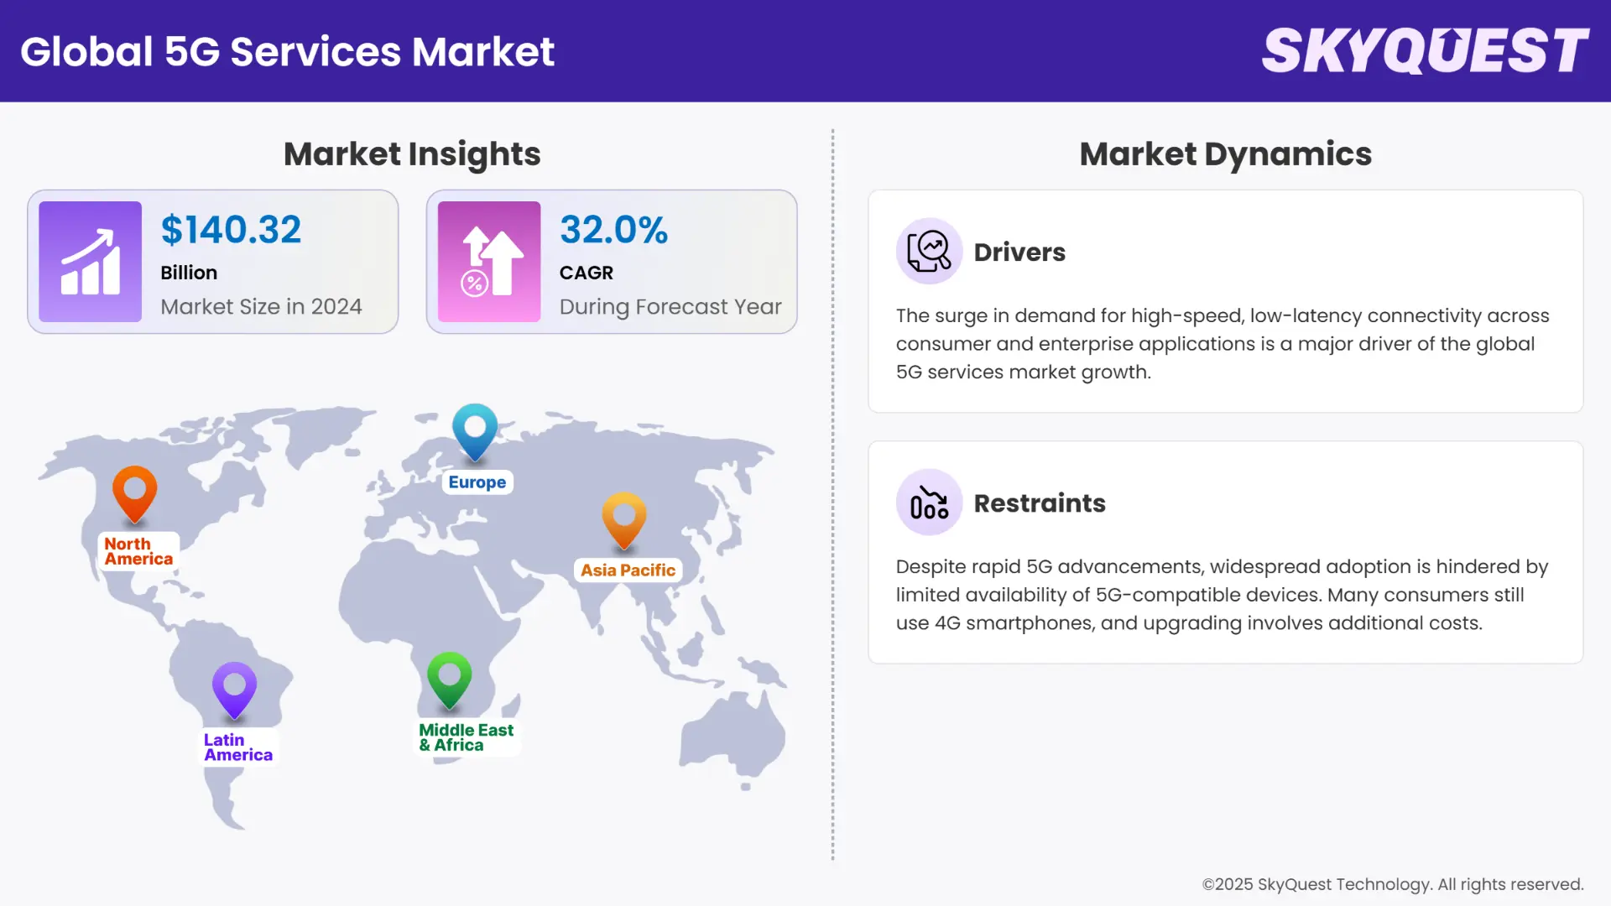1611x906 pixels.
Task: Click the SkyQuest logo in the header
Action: (x=1425, y=50)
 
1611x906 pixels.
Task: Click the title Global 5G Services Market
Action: (x=287, y=51)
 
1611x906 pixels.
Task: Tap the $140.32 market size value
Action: (x=231, y=230)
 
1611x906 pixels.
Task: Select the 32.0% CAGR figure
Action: (x=613, y=230)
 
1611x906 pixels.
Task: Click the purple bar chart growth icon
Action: (x=90, y=262)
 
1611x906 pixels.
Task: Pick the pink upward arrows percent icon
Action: (x=489, y=262)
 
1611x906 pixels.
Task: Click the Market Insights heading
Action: (x=412, y=154)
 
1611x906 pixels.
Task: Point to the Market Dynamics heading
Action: (x=1225, y=154)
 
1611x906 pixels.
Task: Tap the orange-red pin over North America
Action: (x=135, y=492)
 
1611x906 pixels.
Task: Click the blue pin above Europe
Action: (x=475, y=430)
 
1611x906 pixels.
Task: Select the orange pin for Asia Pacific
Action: (x=624, y=518)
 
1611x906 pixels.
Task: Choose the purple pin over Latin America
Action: (x=234, y=689)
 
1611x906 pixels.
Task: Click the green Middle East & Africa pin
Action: (x=449, y=678)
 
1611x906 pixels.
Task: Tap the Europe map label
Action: (x=477, y=482)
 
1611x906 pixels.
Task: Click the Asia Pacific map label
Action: (x=628, y=570)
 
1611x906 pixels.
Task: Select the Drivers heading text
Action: (x=1019, y=253)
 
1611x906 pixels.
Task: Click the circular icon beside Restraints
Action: (x=929, y=502)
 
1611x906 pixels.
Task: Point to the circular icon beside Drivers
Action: (x=929, y=251)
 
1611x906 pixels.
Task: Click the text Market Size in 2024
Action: (x=261, y=307)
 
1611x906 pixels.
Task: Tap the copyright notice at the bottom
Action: (x=1392, y=884)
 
